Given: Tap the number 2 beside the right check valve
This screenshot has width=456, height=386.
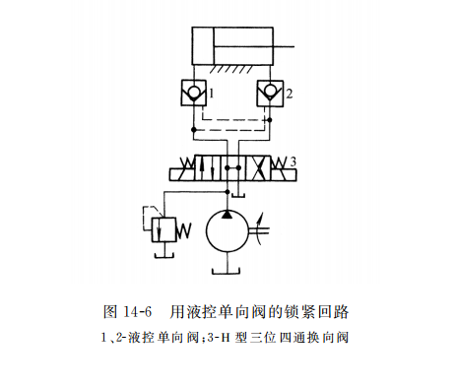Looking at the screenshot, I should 288,94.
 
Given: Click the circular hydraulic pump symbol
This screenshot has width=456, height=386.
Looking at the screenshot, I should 228,234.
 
